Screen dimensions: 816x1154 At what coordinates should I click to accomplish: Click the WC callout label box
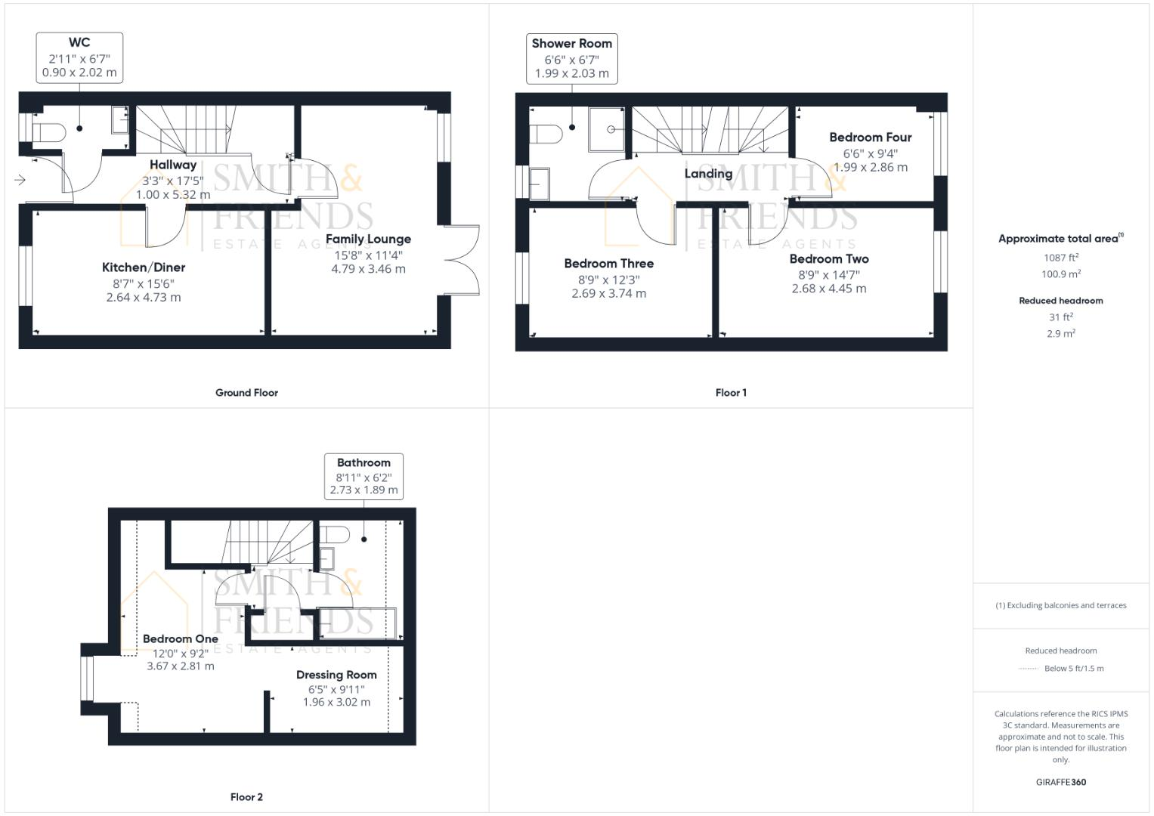tap(79, 57)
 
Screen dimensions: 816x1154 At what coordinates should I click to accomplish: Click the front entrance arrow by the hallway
tap(20, 180)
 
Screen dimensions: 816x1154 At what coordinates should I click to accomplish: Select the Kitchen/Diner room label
tap(144, 267)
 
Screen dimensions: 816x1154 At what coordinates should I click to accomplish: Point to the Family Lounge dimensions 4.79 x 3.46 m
tap(368, 269)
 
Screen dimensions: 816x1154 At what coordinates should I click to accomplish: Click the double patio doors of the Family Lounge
tap(463, 259)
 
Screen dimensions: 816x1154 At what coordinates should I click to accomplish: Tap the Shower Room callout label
tap(571, 58)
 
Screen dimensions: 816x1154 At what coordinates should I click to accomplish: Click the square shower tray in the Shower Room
tap(607, 129)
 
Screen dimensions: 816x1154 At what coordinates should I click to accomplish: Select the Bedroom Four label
tap(870, 138)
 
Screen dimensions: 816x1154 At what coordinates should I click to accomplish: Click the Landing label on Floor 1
tap(708, 174)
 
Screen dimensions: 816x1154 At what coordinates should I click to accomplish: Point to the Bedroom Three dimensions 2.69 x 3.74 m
tap(608, 294)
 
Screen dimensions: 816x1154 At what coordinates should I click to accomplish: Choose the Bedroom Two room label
tap(829, 259)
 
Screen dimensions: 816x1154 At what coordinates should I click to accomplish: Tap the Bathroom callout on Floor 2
tap(364, 476)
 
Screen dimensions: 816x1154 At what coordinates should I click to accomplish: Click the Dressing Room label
tap(336, 675)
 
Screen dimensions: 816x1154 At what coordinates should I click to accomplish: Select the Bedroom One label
tap(181, 639)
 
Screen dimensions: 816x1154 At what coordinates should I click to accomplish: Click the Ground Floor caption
tap(246, 393)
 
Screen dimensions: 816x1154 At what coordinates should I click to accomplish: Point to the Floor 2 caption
tap(246, 797)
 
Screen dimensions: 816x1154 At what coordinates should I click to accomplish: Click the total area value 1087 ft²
tap(1060, 258)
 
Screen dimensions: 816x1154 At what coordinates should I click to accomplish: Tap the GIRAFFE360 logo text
tap(1060, 783)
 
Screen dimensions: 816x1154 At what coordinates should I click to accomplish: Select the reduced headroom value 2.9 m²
tap(1060, 334)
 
